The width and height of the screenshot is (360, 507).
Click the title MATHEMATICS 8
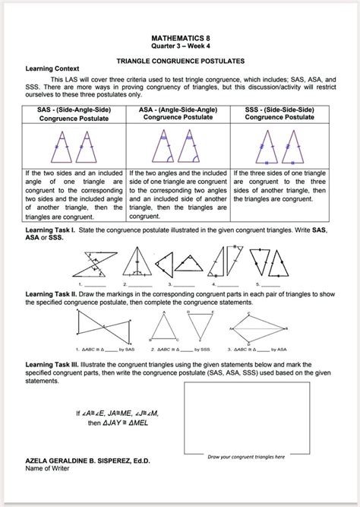click(179, 35)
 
